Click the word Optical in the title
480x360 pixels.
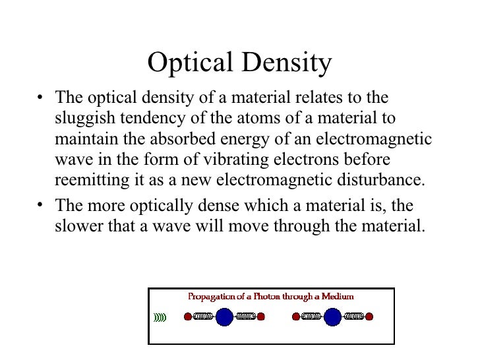[x=191, y=64]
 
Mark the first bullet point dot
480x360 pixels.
[x=41, y=99]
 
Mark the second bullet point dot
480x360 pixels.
[x=41, y=205]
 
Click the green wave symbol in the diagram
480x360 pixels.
[x=160, y=317]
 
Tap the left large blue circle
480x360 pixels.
[x=225, y=316]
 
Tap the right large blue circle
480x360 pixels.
[x=332, y=316]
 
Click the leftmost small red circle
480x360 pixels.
[x=187, y=316]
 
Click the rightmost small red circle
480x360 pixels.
[x=369, y=316]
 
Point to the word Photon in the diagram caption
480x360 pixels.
[x=261, y=297]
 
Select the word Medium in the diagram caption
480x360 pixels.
[x=338, y=297]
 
